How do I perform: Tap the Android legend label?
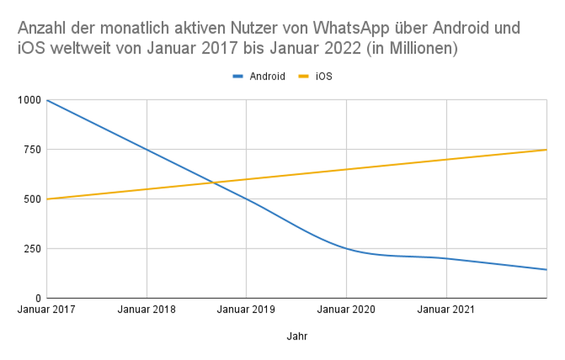pyautogui.click(x=267, y=76)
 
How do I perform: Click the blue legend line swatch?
pyautogui.click(x=239, y=76)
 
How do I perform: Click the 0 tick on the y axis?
pyautogui.click(x=40, y=298)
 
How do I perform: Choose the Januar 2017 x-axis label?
pyautogui.click(x=47, y=310)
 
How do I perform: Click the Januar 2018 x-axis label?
pyautogui.click(x=146, y=310)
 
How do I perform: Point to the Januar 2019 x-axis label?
pyautogui.click(x=246, y=310)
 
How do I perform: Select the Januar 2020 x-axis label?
pyautogui.click(x=346, y=310)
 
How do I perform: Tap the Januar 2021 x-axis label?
pyautogui.click(x=446, y=310)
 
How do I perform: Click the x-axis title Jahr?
pyautogui.click(x=297, y=337)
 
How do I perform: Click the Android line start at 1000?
pyautogui.click(x=47, y=100)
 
